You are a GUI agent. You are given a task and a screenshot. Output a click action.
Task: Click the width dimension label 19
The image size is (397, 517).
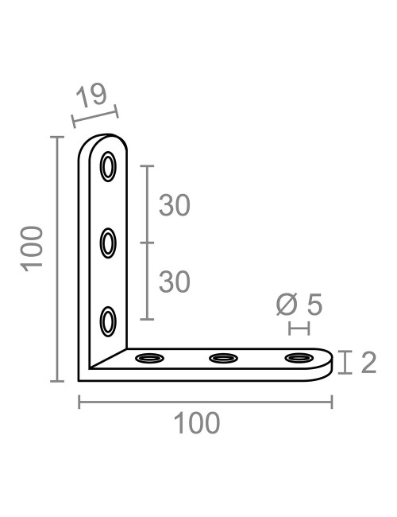pos(92,96)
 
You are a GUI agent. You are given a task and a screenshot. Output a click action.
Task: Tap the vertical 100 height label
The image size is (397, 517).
pos(32,247)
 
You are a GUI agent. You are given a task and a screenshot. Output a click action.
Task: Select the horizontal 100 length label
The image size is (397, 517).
pos(197,423)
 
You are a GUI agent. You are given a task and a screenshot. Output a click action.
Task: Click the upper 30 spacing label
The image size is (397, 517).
pos(175,205)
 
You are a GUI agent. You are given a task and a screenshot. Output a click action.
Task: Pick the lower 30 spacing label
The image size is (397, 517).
pos(175,281)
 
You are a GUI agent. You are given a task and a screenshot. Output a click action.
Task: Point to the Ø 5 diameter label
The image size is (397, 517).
pos(299,304)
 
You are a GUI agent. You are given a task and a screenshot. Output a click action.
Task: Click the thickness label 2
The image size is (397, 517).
pos(368,363)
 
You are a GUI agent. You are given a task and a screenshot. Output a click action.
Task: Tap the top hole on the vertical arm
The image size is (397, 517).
pos(108,167)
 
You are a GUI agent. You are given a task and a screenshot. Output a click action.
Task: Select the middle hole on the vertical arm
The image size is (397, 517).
pos(108,243)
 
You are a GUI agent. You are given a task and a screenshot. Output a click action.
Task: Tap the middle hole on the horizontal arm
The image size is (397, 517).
pos(223,359)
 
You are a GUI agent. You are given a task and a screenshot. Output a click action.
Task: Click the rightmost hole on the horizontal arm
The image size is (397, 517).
pos(299,359)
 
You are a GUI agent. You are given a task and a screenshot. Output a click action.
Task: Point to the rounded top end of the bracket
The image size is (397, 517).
pos(103,138)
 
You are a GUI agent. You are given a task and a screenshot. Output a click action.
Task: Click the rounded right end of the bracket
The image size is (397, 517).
pos(329,364)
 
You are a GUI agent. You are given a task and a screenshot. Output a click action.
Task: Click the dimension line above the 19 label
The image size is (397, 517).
pos(94,115)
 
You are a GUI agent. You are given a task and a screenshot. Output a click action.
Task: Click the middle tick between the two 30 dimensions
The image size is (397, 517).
pos(147,243)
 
